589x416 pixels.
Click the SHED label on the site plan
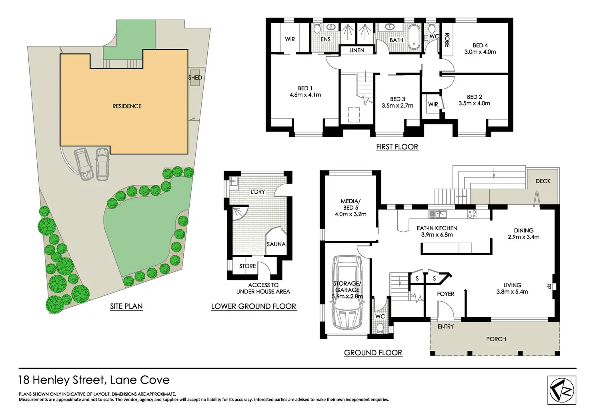coord(195,78)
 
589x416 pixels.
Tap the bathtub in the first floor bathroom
coord(414,37)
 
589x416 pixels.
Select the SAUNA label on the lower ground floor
coord(276,244)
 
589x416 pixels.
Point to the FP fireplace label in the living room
coord(549,286)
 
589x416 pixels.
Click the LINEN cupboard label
coord(357,50)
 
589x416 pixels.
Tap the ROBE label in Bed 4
coord(447,40)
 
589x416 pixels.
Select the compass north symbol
coord(562,390)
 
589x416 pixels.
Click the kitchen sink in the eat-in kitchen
coord(437,214)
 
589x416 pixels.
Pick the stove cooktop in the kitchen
coord(472,214)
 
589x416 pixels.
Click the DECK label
coord(543,181)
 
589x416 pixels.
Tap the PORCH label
coord(496,339)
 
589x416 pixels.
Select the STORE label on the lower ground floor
coord(247,266)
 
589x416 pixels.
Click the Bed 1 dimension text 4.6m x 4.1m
coord(305,95)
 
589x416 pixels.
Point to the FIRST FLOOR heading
coord(397,147)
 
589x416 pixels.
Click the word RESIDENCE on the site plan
coord(127,106)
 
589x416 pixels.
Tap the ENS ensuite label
coord(326,39)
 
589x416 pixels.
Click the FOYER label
coord(445,294)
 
